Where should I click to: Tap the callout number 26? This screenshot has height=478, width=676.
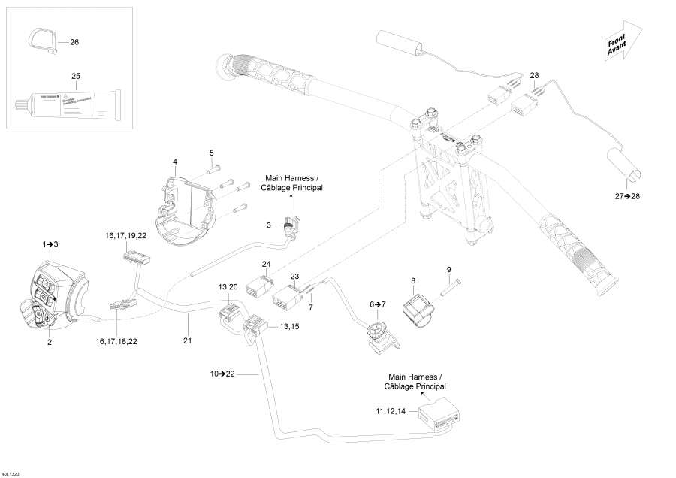(x=74, y=42)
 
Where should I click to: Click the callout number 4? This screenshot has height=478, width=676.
(x=175, y=162)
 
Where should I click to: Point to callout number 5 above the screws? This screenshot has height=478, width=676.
(x=212, y=153)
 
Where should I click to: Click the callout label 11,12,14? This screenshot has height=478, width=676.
(x=391, y=412)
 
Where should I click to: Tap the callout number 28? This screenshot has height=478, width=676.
(x=534, y=75)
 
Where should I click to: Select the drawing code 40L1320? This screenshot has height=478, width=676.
(x=11, y=473)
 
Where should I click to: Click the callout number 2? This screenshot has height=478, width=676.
(x=50, y=341)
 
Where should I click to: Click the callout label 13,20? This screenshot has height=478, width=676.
(x=228, y=287)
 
